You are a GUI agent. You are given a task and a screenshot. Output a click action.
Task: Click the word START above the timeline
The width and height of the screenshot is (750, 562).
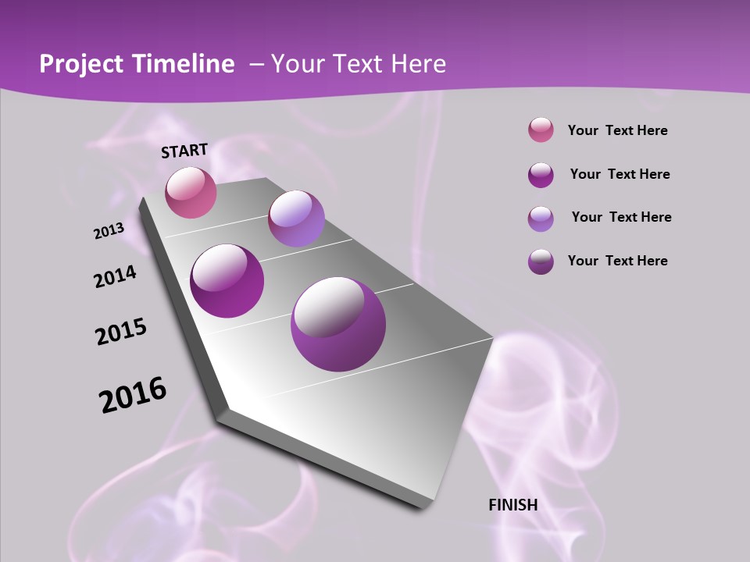pyautogui.click(x=184, y=151)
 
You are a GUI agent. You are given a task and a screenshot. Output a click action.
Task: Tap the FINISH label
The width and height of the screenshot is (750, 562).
pyautogui.click(x=512, y=505)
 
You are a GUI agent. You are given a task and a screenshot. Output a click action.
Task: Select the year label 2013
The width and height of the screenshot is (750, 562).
pyautogui.click(x=109, y=231)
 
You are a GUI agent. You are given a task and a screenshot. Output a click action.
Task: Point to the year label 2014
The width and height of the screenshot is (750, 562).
pyautogui.click(x=116, y=277)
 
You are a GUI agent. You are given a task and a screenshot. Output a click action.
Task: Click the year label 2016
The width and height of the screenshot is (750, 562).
pyautogui.click(x=133, y=395)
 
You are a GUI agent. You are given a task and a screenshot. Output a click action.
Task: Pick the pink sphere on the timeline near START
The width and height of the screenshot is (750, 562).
pyautogui.click(x=191, y=192)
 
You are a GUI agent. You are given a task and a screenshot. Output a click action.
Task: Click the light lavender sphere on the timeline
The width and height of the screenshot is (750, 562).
pyautogui.click(x=296, y=219)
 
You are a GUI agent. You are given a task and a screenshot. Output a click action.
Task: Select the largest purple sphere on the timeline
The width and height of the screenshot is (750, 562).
pyautogui.click(x=338, y=324)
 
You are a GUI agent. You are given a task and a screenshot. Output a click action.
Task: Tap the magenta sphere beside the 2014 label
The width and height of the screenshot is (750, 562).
pyautogui.click(x=227, y=281)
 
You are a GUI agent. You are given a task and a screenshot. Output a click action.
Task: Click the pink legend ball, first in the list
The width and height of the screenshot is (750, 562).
pyautogui.click(x=541, y=130)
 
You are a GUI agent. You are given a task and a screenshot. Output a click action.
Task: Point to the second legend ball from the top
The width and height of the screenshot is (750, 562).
pyautogui.click(x=541, y=175)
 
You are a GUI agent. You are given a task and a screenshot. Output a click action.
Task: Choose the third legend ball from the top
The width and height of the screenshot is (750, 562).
pyautogui.click(x=541, y=218)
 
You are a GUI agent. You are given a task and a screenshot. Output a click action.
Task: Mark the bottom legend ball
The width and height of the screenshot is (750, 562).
pyautogui.click(x=541, y=261)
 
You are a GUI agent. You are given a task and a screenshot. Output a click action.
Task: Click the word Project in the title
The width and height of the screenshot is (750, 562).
pyautogui.click(x=80, y=64)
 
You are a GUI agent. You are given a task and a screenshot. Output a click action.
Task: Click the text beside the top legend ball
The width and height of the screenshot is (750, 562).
pyautogui.click(x=617, y=130)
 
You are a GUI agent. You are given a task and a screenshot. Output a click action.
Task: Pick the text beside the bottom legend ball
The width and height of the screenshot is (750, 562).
pyautogui.click(x=617, y=261)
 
